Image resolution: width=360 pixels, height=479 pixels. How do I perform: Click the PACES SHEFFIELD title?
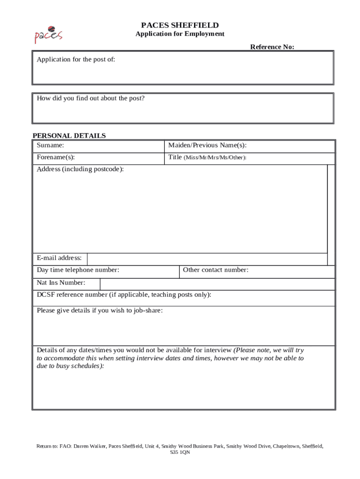pos(180,25)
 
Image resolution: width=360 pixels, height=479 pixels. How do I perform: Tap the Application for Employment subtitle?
pos(180,34)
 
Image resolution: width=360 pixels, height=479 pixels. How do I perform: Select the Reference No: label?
pos(272,47)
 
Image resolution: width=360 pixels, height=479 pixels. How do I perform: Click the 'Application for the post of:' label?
pos(76,59)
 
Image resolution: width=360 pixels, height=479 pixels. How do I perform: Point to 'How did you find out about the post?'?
pos(91,98)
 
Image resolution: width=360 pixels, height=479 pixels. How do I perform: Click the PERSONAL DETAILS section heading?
pos(69,136)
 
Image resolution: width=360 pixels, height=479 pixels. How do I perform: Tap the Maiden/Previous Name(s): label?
pos(207,145)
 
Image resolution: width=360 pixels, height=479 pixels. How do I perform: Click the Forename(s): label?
pos(56,158)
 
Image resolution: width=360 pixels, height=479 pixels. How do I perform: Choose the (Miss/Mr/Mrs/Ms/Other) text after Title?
pos(215,158)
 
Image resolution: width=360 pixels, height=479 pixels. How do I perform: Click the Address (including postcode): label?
pos(80,169)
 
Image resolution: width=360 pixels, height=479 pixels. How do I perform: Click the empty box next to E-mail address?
pos(207,259)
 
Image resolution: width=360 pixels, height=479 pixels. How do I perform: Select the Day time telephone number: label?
pos(78,270)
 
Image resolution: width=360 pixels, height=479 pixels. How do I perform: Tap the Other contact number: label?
pos(216,270)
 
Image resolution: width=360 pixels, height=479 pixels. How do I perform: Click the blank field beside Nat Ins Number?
pos(217,284)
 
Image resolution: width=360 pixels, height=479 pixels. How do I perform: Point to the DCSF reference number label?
pos(124,295)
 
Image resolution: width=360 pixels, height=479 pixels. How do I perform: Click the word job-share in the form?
pos(147,311)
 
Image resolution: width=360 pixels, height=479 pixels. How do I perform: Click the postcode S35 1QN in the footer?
pos(180,453)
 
